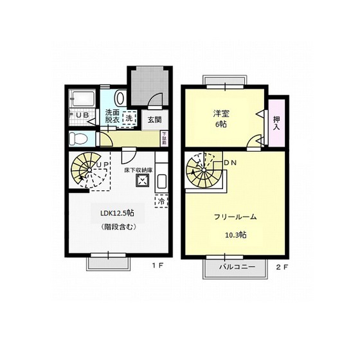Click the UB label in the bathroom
point(80,115)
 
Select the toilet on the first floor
point(78,138)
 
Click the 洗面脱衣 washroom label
point(112,116)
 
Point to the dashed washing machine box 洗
point(129,118)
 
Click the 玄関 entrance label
point(154,119)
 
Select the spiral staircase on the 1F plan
point(86,170)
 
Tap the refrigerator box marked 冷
point(160,201)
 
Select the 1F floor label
point(157,265)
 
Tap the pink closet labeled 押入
point(276,122)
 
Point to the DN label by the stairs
point(230,163)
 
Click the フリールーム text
point(235,217)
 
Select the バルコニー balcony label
point(237,266)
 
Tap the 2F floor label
point(282,266)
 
